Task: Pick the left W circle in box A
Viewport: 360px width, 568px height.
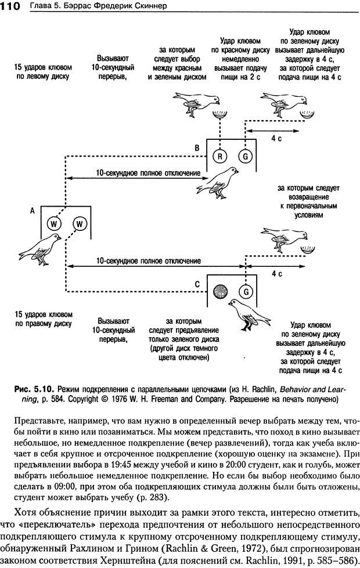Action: click(x=53, y=223)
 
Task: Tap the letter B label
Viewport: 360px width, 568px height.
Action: click(x=197, y=148)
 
